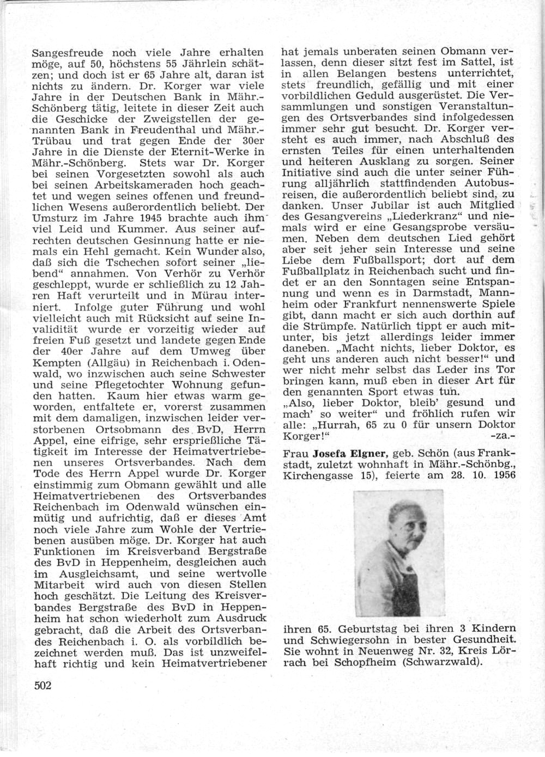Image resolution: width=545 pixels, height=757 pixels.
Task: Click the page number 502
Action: pyautogui.click(x=43, y=686)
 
